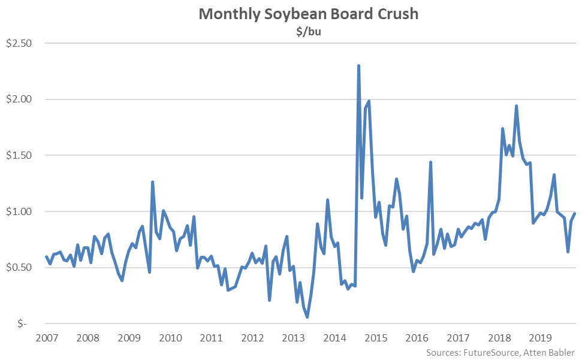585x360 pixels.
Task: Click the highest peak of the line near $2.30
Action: pos(358,66)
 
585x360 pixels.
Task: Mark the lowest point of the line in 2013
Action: pos(307,317)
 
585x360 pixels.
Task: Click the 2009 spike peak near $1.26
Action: pos(152,181)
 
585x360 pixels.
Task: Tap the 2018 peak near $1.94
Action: pos(516,106)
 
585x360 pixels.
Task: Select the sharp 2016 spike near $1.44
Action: pos(430,162)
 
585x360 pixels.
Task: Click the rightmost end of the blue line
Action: pos(575,213)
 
